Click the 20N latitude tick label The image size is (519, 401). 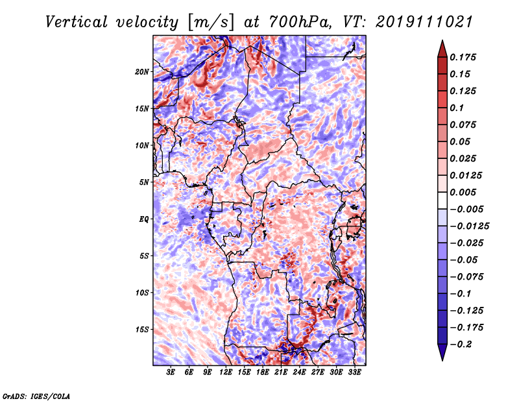pos(142,72)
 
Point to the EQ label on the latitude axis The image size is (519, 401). pos(143,219)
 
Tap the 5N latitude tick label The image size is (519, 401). pos(144,182)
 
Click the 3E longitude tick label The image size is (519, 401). pos(171,372)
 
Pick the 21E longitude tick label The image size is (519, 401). pos(281,372)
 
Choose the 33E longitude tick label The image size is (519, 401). pos(354,372)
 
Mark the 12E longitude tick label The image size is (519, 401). pos(225,372)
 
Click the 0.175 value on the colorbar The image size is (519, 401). pos(463,57)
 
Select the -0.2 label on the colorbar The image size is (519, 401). pos(461,345)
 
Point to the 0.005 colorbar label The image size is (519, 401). pos(463,192)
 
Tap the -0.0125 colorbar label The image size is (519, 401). pos(469,226)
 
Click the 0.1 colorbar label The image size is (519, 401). pos(457,108)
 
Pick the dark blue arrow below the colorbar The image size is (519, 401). pos(442,352)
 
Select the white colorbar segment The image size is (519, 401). pos(442,200)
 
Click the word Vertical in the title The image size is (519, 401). pos(77,22)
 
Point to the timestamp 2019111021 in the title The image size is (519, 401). pos(424,22)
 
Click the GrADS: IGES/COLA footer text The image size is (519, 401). pos(36,396)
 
